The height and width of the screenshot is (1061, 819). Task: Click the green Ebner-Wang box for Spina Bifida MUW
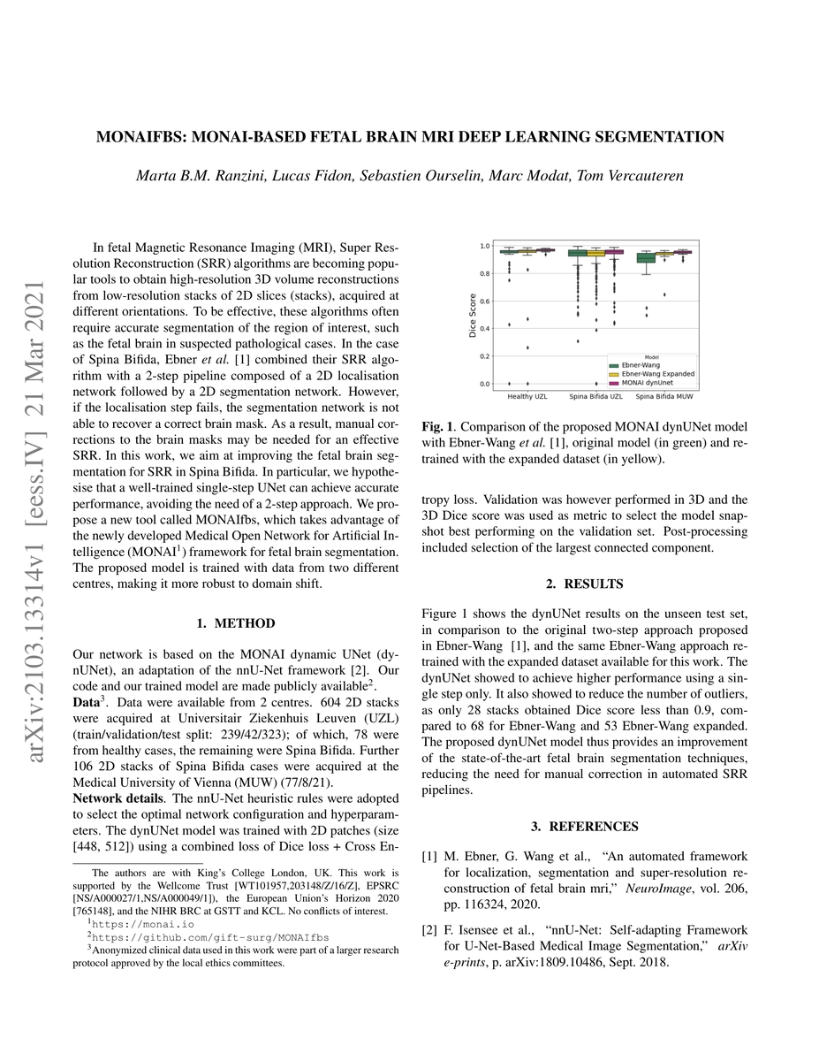tap(646, 257)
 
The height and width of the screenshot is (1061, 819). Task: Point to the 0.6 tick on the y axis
tap(484, 301)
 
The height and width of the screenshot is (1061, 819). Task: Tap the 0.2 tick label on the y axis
tap(484, 356)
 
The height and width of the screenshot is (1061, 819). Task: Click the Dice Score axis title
tap(471, 315)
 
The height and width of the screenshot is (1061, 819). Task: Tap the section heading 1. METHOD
tap(235, 623)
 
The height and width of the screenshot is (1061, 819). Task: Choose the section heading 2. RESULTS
tap(582, 584)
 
